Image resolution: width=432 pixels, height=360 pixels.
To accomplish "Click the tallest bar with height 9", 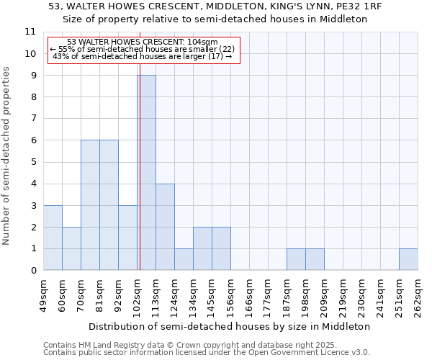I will pos(146,173).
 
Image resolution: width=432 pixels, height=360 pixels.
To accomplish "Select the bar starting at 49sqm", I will pos(53,238).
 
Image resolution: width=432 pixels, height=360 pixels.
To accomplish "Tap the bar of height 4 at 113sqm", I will pos(165,227).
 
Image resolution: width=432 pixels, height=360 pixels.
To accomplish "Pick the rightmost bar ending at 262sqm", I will pos(408,259).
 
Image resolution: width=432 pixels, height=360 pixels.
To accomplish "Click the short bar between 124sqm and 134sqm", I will pos(184,259).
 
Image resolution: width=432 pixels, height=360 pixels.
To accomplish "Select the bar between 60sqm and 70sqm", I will pos(71,248).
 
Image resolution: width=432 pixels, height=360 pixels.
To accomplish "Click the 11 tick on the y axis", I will pos(30,32).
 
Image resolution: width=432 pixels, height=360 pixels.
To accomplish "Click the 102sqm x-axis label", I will pos(137,294).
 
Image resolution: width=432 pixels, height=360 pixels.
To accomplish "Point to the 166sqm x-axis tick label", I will pos(249,294).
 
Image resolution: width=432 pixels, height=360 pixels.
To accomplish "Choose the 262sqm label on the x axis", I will pos(418,294).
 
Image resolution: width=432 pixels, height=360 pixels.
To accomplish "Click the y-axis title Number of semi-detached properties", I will pos(7,156).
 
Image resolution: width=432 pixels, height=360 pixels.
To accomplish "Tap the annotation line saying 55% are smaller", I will pos(143,48).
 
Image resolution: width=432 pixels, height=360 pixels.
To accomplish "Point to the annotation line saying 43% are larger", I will pos(143,55).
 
